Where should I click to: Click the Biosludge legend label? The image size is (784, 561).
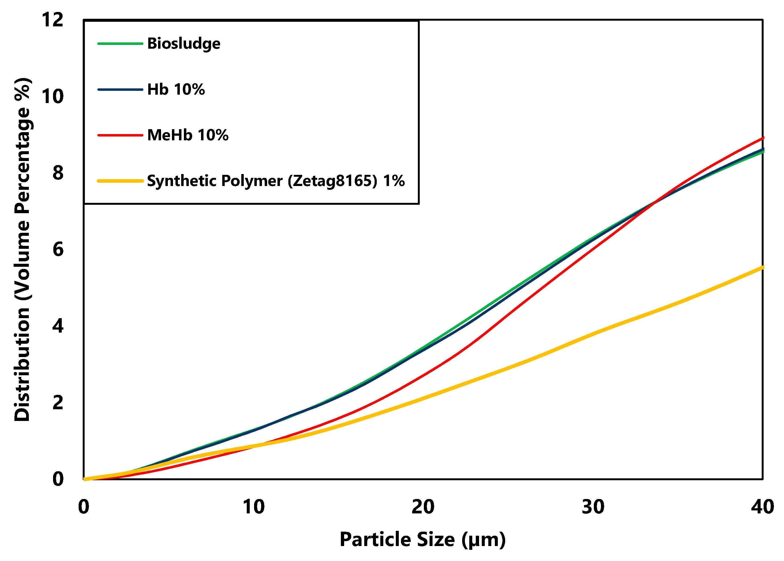click(x=183, y=44)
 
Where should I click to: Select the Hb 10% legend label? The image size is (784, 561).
click(x=176, y=89)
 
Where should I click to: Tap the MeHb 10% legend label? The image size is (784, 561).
click(x=188, y=135)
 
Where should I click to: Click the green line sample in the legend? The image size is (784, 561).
click(x=120, y=44)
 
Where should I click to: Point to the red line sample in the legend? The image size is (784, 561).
click(x=120, y=135)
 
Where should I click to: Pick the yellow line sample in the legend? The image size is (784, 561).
click(x=120, y=181)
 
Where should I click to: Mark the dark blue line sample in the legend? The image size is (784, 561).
click(x=120, y=89)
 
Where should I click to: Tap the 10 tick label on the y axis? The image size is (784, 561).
click(x=53, y=96)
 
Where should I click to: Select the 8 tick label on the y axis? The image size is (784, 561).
click(x=58, y=173)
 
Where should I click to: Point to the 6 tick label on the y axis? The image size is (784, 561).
click(x=58, y=249)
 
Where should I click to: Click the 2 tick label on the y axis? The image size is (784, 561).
click(x=58, y=402)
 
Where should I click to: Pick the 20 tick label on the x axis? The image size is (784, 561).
click(x=423, y=507)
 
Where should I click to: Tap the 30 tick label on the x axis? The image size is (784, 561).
click(x=593, y=507)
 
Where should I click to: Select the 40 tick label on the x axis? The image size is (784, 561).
click(x=762, y=507)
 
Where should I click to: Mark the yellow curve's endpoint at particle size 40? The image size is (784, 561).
click(x=762, y=267)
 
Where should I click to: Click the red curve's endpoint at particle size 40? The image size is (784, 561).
click(x=762, y=138)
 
